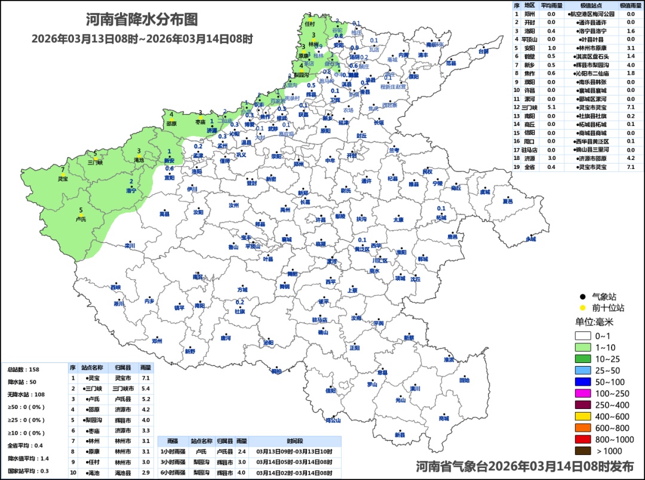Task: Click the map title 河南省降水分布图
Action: (142, 20)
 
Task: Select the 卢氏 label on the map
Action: (81, 219)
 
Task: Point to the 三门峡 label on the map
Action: (95, 162)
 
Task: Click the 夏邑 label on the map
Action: (508, 201)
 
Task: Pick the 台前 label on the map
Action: (483, 51)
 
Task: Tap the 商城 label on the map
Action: (443, 419)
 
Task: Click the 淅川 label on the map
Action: (119, 303)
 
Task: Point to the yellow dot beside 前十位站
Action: (582, 308)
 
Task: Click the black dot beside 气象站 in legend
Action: (582, 296)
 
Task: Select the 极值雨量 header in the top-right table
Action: (630, 5)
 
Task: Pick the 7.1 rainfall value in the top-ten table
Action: (145, 378)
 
